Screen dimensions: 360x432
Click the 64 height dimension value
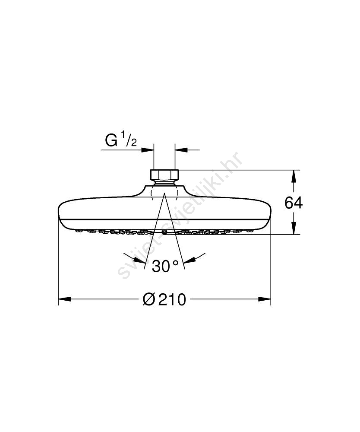coord(294,203)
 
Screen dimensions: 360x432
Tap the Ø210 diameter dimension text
coord(164,299)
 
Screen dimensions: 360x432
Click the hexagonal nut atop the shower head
coord(164,175)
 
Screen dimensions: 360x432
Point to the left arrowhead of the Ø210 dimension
coord(64,299)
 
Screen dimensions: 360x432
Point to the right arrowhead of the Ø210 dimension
coord(265,299)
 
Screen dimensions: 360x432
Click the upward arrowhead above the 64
coord(294,176)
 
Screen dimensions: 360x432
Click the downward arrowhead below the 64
coord(294,228)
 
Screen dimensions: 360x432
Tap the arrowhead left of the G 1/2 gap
coord(147,150)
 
